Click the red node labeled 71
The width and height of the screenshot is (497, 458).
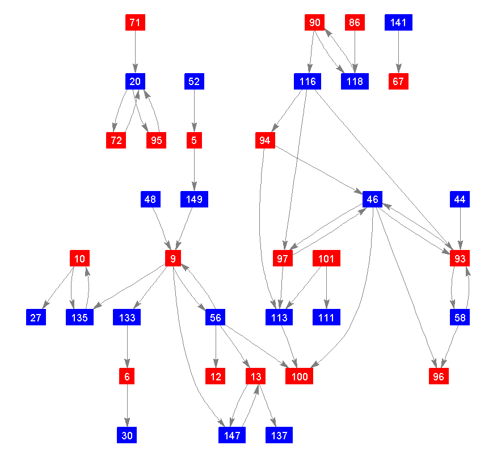(135, 23)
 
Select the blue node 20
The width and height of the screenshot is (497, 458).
(135, 82)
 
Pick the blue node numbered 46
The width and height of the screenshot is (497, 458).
(372, 200)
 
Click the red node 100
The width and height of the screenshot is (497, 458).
(300, 376)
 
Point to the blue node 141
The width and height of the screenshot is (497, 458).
(398, 23)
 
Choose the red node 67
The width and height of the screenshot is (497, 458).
(398, 82)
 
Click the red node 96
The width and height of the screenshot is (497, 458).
(438, 376)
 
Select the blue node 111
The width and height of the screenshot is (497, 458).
(326, 317)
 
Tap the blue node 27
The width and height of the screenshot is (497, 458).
(36, 317)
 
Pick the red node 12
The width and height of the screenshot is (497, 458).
(215, 376)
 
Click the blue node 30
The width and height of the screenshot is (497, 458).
(127, 435)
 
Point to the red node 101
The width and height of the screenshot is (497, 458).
(326, 258)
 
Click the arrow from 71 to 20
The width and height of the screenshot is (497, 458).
(135, 52)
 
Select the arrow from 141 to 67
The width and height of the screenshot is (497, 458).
(398, 52)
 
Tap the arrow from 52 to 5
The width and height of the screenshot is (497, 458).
(194, 111)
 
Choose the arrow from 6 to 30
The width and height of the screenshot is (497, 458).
(127, 406)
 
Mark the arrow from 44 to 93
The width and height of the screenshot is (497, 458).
(460, 229)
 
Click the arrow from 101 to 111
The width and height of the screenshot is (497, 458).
(326, 288)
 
